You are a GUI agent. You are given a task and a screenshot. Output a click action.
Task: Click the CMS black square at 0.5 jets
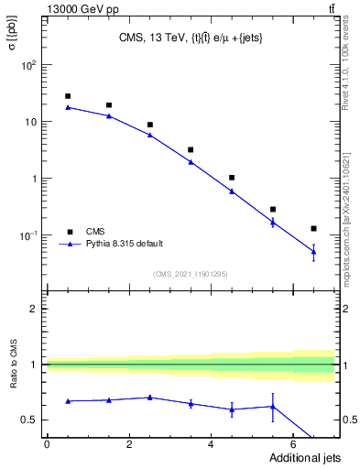coord(68,96)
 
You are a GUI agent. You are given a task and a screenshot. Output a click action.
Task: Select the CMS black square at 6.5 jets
coord(313,228)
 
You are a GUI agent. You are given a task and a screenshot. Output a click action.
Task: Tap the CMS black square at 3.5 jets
coord(191,149)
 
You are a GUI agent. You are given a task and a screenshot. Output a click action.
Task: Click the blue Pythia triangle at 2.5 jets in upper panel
coord(149,135)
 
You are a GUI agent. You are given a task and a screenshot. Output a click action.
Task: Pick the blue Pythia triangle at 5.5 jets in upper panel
coord(272,222)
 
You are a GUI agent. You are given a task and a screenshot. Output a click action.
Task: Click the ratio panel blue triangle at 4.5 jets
coord(232,409)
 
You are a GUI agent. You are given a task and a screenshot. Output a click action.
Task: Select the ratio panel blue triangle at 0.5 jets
coord(68,401)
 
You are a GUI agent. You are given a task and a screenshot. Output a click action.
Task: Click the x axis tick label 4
coord(212,446)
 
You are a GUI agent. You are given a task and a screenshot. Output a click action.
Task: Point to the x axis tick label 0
coord(47,446)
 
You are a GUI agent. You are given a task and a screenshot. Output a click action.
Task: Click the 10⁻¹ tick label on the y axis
coord(29,235)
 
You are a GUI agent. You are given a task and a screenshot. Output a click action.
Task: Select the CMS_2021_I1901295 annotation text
coord(190,273)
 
